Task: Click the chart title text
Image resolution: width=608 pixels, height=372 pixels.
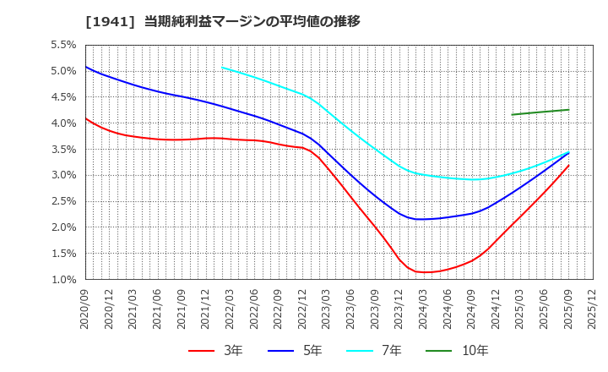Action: (223, 22)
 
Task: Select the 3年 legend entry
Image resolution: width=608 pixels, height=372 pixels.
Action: (225, 350)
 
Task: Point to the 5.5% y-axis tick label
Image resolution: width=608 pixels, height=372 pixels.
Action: (63, 45)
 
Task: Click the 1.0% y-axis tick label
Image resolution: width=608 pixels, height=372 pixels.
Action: (63, 280)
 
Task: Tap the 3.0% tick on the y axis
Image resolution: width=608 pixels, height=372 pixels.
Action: (63, 175)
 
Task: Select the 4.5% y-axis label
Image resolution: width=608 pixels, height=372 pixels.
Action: (63, 97)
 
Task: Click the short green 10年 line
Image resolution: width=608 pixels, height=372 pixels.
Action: (540, 112)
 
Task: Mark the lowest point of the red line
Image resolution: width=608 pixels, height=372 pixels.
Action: (423, 272)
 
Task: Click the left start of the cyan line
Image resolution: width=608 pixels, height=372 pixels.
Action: (222, 68)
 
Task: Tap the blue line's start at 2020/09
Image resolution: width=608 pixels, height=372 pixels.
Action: (86, 67)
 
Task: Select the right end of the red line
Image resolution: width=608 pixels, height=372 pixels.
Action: (568, 165)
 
